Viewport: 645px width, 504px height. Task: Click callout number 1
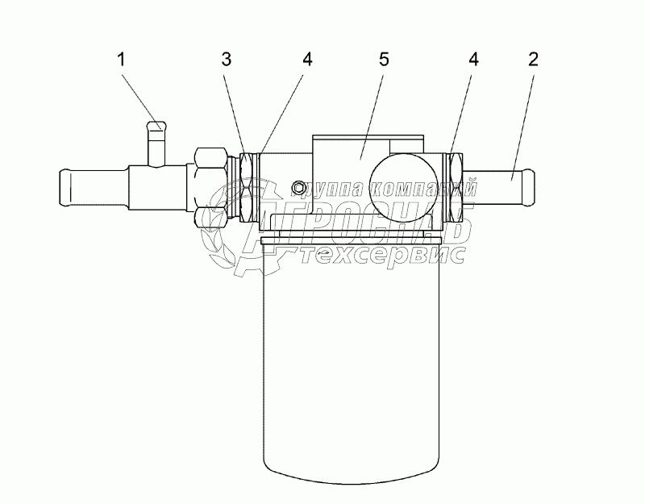(121, 59)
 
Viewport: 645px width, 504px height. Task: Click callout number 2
(533, 59)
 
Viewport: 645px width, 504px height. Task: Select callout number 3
(227, 59)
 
